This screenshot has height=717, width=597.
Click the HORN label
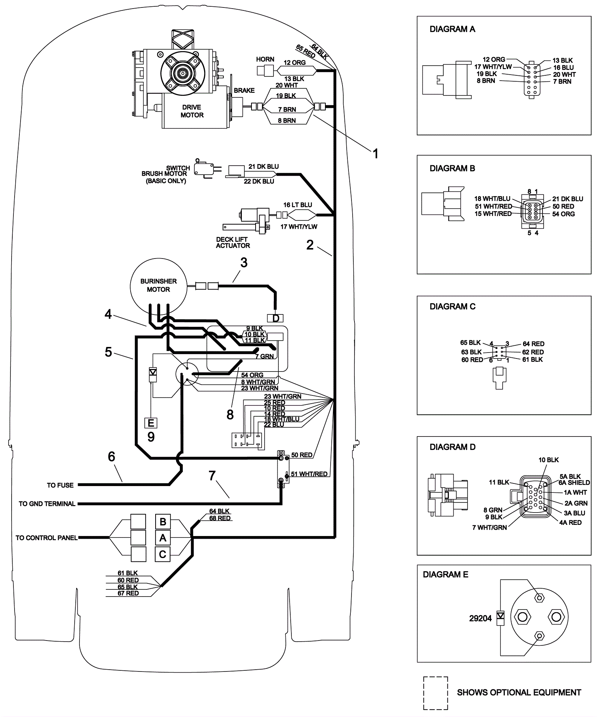(265, 59)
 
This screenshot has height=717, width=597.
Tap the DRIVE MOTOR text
(192, 111)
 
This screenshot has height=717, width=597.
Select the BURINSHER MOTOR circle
(158, 286)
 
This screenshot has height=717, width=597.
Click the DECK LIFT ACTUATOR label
(232, 242)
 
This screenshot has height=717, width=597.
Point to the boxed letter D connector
(275, 318)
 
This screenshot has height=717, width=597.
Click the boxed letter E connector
(151, 423)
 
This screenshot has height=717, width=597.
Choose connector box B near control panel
(163, 522)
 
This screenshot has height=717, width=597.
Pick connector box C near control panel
(163, 554)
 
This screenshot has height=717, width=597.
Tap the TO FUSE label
(60, 485)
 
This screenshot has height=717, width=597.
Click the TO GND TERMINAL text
(47, 504)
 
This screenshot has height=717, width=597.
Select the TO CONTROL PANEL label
(46, 538)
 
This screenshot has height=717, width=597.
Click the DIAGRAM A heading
(452, 29)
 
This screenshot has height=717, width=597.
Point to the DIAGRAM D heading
(452, 447)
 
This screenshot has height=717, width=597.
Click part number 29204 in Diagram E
(480, 619)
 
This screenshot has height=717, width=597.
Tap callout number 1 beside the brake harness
(376, 153)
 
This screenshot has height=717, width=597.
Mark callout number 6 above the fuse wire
(111, 457)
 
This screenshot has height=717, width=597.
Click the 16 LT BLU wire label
(297, 205)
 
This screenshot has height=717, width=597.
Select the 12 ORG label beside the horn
(294, 63)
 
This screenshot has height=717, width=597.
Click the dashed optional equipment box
(435, 693)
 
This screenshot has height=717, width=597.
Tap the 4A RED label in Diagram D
(570, 523)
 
